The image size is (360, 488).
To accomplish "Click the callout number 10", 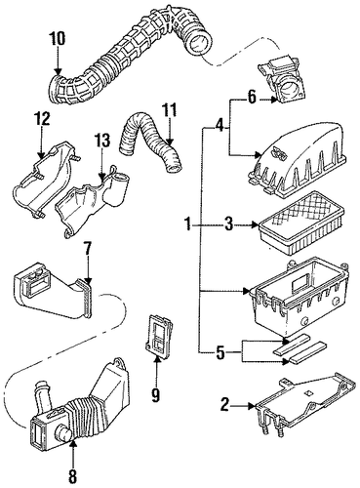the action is click(x=58, y=38).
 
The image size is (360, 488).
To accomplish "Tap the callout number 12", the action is click(x=41, y=119).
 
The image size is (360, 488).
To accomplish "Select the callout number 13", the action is click(x=102, y=141).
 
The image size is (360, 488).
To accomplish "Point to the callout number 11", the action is click(x=170, y=110).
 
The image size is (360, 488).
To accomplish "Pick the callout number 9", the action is click(x=156, y=394).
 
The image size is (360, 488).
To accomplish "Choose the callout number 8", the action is click(x=72, y=477).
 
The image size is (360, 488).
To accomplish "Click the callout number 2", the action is click(x=225, y=405).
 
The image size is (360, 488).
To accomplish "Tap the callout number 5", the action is click(x=220, y=353).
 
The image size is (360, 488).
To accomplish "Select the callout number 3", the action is click(x=228, y=224).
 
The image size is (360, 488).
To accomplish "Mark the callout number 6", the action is click(x=252, y=98).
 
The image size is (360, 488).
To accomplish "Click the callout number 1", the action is click(x=187, y=224).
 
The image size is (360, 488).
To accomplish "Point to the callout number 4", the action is click(x=220, y=125).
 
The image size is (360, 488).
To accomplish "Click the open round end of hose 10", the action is click(x=199, y=43).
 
